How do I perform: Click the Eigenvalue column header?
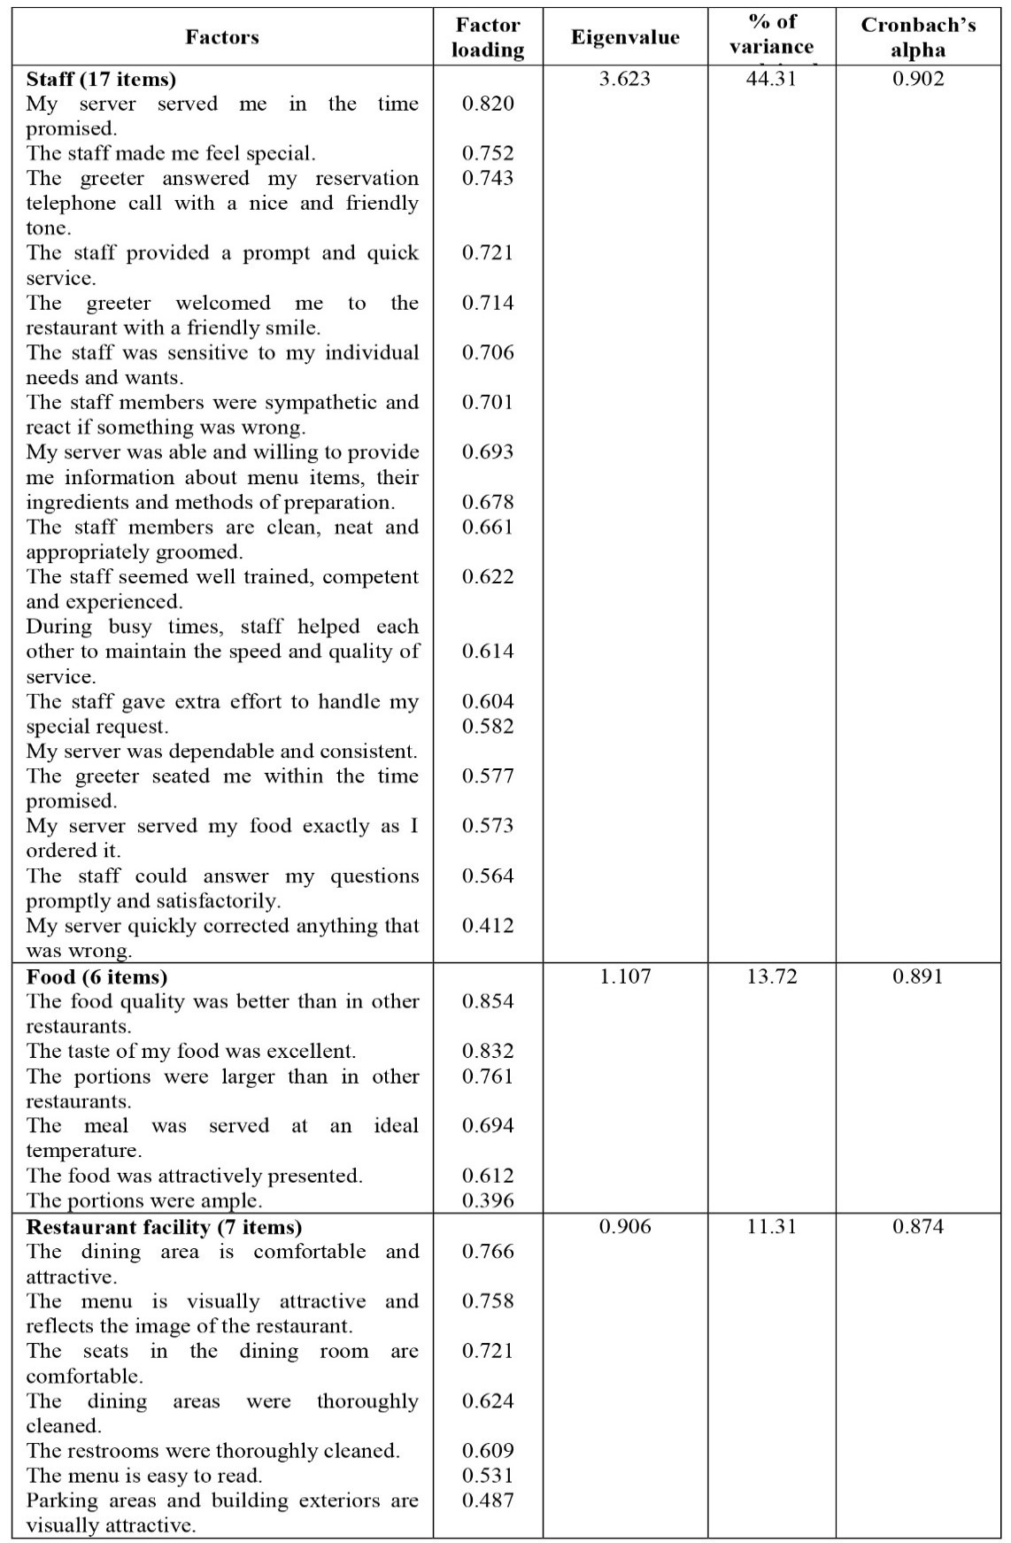(625, 37)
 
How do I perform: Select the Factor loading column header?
(488, 37)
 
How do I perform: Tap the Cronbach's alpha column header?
(918, 37)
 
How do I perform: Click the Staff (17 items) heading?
(101, 79)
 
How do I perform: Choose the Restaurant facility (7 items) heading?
(164, 1226)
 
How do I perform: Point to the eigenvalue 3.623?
(624, 79)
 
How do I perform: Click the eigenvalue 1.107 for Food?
(624, 976)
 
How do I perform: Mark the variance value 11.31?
(771, 1226)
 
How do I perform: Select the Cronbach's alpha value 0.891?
(918, 976)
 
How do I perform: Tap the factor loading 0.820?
(488, 104)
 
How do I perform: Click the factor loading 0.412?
(488, 926)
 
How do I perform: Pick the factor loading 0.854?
(488, 1001)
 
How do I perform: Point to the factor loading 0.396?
(488, 1200)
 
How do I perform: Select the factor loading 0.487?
(488, 1500)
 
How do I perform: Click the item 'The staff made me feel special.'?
(170, 153)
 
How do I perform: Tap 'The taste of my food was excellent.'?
(190, 1051)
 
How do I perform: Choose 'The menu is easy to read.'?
(143, 1475)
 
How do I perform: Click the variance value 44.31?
(771, 79)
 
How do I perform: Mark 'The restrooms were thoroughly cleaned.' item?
(212, 1450)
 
